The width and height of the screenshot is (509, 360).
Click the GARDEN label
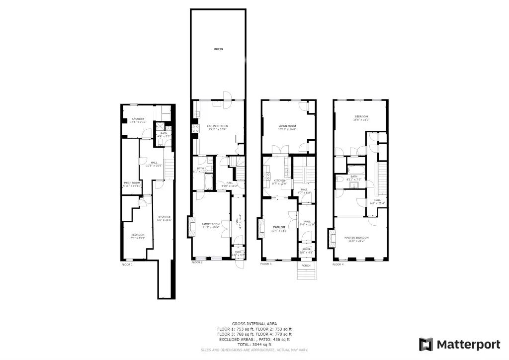coord(218,49)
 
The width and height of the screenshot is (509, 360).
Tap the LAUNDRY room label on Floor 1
coord(138,119)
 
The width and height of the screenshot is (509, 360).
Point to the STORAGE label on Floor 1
coord(164,217)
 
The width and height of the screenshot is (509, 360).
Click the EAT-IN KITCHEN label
coord(217,126)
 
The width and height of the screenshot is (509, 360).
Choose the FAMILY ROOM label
coord(211,224)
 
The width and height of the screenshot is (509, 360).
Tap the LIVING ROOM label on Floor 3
coord(287,126)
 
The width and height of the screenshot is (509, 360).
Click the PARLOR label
coord(279,227)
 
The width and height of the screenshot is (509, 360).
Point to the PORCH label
coord(306,266)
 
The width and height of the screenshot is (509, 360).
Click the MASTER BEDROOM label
coord(356,238)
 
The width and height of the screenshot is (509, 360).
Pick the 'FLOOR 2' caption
coord(197,263)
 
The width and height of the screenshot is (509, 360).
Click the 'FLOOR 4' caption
coord(338,265)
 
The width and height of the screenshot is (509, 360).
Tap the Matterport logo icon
coord(426,344)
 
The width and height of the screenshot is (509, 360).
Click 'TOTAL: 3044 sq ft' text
coord(254,344)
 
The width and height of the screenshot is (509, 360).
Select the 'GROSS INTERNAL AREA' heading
coord(254,324)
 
